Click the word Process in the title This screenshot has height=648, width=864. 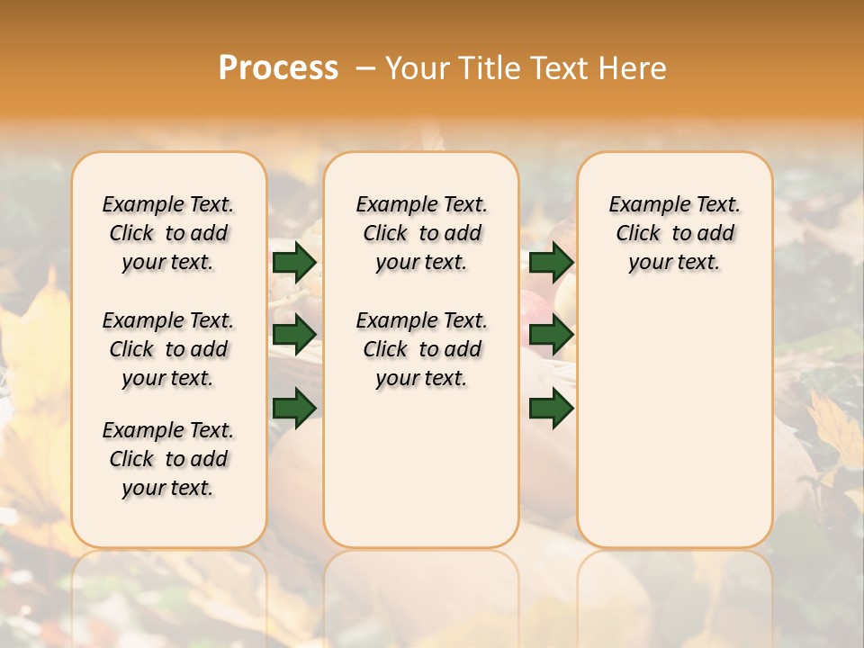(278, 68)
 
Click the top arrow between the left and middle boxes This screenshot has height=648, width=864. (294, 263)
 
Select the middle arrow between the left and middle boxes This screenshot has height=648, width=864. (294, 335)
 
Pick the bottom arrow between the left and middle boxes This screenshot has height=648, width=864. (294, 409)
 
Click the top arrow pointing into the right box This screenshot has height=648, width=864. (551, 263)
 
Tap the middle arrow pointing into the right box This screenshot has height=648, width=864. (551, 335)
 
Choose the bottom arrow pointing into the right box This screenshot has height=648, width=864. (551, 409)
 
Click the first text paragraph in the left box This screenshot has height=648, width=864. (168, 233)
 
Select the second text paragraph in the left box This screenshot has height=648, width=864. (168, 349)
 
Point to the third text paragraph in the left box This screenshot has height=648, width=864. (168, 459)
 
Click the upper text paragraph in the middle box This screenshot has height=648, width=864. (421, 233)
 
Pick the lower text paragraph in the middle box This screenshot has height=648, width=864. (421, 349)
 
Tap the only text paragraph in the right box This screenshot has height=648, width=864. (674, 233)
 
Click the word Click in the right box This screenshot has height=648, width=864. (638, 234)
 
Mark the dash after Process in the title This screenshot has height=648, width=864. (365, 68)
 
